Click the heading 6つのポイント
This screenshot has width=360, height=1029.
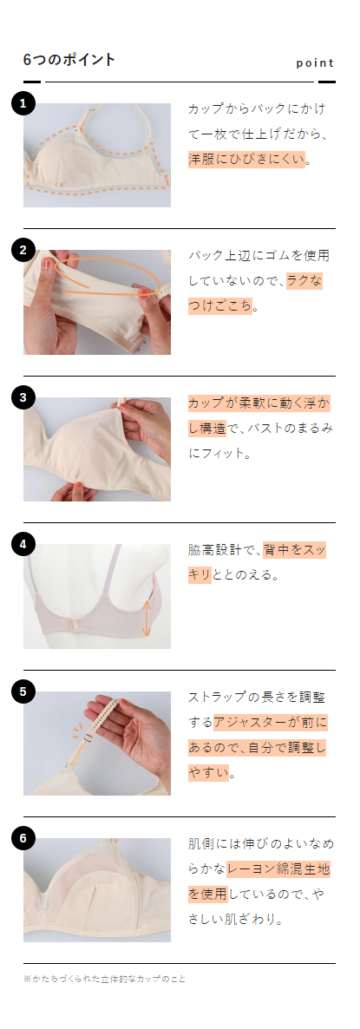69,60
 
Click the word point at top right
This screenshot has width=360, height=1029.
315,62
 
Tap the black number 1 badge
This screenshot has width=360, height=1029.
23,103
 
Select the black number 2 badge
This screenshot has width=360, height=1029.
23,251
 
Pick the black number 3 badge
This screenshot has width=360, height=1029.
23,397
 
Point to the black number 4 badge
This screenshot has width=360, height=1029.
23,544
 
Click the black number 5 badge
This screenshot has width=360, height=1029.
23,691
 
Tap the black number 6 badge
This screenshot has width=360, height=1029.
23,838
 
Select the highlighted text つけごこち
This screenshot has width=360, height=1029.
219,306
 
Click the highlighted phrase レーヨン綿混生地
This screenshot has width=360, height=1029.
278,868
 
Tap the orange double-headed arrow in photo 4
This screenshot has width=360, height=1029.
147,618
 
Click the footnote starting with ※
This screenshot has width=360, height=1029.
104,979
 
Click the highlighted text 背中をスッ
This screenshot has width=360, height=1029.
294,550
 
